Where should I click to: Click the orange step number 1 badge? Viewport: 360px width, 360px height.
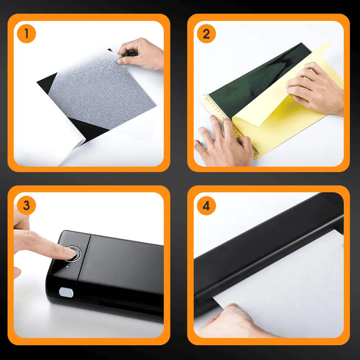pos(26,33)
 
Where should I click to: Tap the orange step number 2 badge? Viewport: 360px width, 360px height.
pos(206,33)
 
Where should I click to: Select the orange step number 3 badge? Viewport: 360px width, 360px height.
pos(26,205)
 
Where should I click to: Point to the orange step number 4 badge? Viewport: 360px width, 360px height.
pos(206,205)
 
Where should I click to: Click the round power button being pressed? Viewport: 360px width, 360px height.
pos(74,253)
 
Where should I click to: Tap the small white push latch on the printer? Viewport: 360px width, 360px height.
pos(66,292)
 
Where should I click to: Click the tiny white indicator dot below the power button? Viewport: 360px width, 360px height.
pos(67,267)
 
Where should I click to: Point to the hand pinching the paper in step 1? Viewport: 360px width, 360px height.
pos(140,54)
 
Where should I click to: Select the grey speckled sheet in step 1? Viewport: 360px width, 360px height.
pos(102,90)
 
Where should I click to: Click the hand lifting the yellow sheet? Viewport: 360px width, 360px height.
pos(315,88)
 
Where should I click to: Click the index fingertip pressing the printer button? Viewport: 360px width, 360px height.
pos(70,252)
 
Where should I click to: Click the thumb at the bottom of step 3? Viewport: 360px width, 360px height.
pos(17,272)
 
